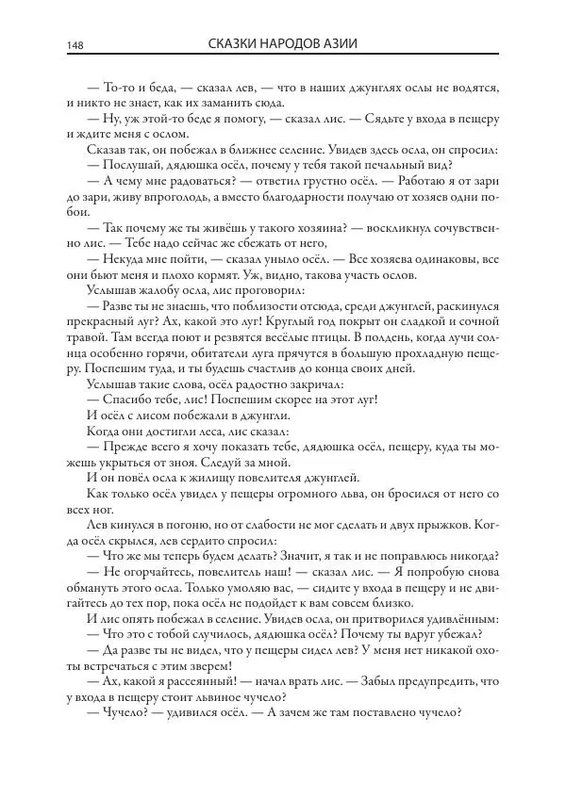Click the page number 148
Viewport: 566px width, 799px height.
click(x=76, y=46)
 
